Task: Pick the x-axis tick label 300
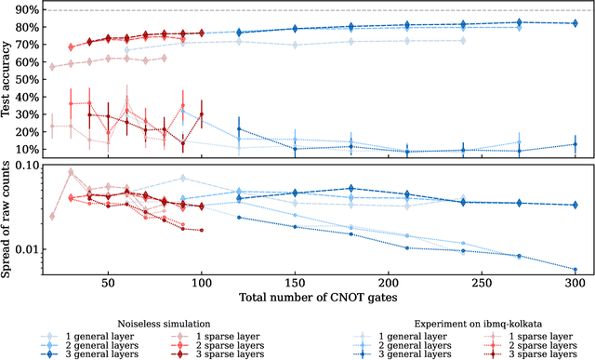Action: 575,284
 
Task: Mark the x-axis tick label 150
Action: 295,284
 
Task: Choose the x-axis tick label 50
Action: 108,284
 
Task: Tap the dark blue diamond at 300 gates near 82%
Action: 575,23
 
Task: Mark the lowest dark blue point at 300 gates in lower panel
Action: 575,270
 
